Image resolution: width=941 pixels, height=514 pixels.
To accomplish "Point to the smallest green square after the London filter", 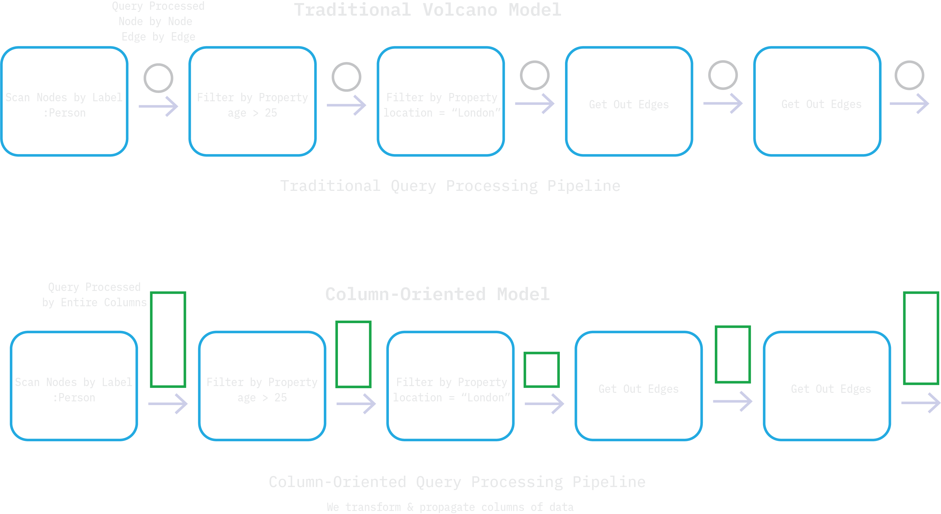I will (541, 370).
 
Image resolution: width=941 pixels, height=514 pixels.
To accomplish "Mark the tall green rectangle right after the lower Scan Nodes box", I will (168, 339).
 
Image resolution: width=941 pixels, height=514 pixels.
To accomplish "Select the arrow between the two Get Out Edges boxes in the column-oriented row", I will (732, 401).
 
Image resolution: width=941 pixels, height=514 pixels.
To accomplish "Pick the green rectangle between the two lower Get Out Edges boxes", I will (732, 354).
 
